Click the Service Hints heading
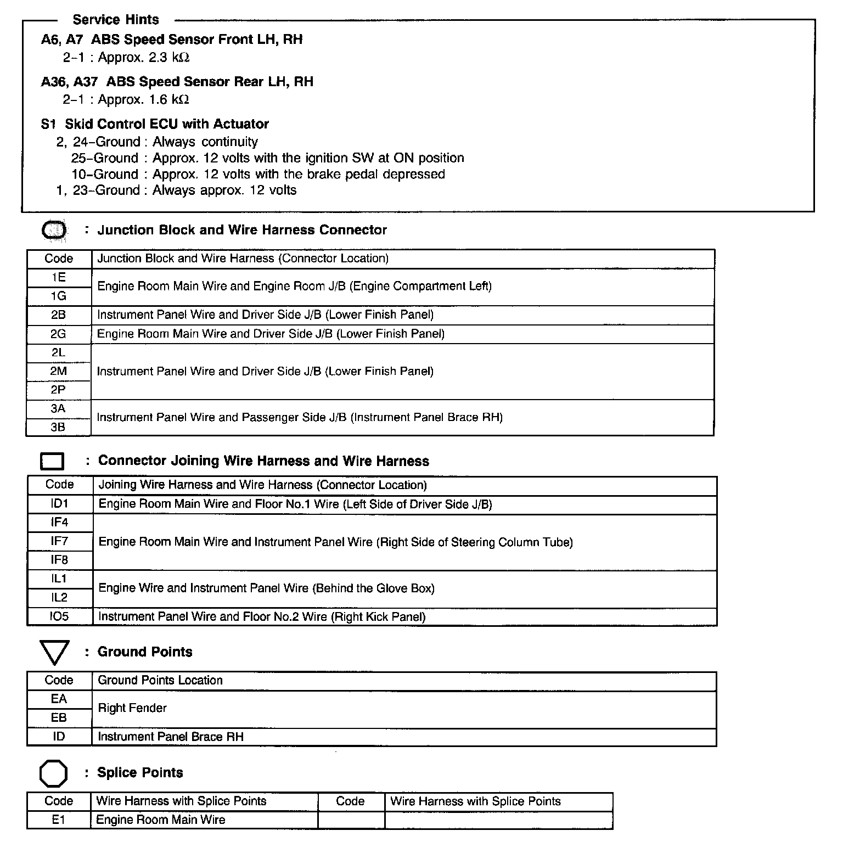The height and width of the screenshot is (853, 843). [115, 20]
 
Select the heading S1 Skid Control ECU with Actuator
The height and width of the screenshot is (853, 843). [155, 124]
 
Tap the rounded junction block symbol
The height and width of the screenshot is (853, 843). [54, 231]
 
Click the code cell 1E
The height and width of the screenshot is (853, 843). [59, 278]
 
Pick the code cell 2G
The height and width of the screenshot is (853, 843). [59, 334]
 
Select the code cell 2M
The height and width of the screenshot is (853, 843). [59, 371]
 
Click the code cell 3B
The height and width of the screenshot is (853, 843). [59, 427]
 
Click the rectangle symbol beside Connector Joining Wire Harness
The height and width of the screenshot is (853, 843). [52, 462]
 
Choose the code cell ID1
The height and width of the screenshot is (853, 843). [59, 503]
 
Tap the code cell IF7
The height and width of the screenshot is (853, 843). [59, 541]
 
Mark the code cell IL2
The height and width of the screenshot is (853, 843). [59, 598]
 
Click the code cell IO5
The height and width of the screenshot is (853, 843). [59, 616]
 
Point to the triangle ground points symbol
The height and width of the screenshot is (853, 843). [54, 652]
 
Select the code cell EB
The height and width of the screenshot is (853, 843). [59, 718]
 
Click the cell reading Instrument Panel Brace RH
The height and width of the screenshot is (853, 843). [171, 737]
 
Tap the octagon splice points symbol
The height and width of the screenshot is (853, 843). [54, 773]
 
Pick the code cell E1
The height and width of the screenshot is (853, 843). [59, 820]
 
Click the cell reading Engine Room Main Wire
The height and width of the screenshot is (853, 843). [161, 820]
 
